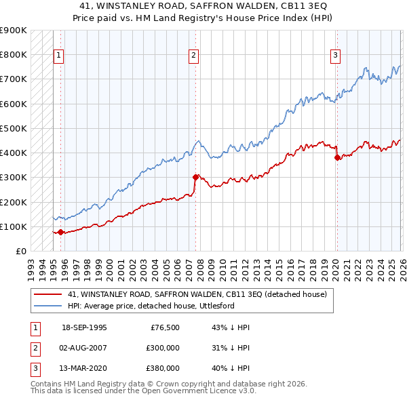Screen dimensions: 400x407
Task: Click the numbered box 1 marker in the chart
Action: [x=59, y=56]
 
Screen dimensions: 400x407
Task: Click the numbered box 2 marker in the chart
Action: [x=194, y=56]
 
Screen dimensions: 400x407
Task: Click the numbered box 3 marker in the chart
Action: [x=335, y=56]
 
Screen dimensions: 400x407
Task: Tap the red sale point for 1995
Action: [x=61, y=232]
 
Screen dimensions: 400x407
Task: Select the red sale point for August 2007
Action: [x=195, y=177]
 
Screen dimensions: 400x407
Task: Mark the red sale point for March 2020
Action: [x=337, y=157]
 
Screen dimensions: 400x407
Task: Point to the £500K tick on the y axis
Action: [x=14, y=128]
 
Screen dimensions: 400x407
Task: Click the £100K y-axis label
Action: [x=14, y=226]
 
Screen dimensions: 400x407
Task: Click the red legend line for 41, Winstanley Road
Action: [x=48, y=294]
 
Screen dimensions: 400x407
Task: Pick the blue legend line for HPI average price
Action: [x=48, y=306]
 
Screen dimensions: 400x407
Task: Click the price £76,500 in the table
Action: [x=165, y=327]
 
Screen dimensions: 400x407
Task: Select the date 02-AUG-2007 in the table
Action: [x=84, y=348]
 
